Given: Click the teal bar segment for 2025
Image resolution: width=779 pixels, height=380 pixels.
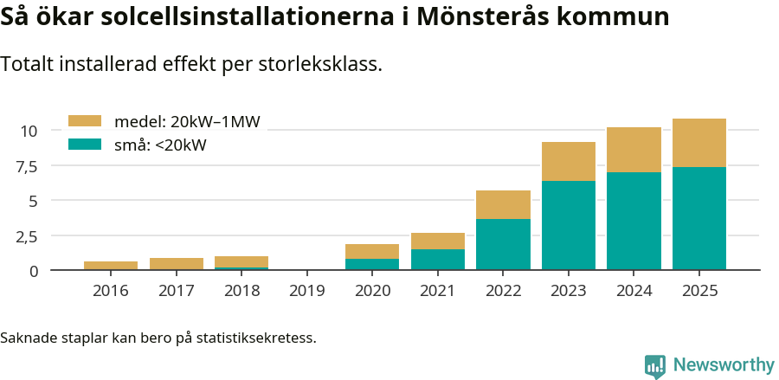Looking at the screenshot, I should (x=699, y=218).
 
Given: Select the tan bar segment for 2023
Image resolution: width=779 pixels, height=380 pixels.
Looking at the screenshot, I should (x=568, y=161).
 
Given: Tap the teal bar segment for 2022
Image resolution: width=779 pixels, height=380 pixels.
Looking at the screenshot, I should (x=503, y=244).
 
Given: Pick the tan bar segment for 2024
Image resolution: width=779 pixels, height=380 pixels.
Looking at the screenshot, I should (x=634, y=150).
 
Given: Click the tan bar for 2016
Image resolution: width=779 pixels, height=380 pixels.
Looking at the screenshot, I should (x=111, y=266).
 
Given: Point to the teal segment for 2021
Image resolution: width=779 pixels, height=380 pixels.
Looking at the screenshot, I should (x=437, y=260).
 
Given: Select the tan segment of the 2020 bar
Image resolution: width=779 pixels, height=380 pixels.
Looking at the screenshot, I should (x=372, y=251).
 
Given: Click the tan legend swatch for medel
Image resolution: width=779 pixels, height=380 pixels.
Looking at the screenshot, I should (x=84, y=122).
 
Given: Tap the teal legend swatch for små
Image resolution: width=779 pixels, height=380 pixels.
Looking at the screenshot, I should (x=84, y=145).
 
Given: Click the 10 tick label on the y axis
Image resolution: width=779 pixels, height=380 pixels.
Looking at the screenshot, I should (x=29, y=131).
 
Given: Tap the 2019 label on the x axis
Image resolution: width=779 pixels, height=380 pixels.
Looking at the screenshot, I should (x=306, y=290).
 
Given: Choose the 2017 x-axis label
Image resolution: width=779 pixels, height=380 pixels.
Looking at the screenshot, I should (x=176, y=290).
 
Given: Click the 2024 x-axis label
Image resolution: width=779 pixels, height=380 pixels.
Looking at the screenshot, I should (x=634, y=290).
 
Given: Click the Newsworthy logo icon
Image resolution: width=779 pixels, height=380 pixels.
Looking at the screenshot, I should (x=655, y=366).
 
